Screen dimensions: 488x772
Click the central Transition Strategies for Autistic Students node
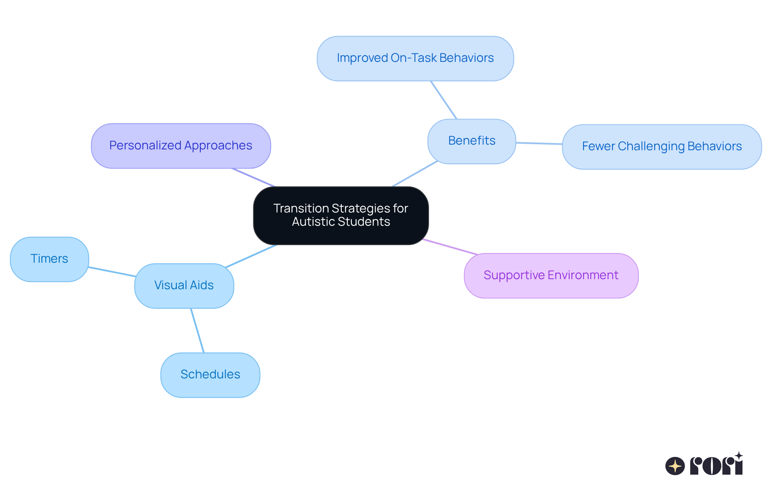(341, 215)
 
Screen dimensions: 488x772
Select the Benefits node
(471, 141)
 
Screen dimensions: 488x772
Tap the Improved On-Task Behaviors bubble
(415, 58)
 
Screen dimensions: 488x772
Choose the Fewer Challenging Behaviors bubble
(661, 147)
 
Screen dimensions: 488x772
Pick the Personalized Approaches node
(181, 145)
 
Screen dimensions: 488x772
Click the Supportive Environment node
(551, 276)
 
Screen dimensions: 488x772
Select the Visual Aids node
(184, 286)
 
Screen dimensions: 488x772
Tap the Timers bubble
(49, 259)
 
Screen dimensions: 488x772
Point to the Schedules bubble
(210, 375)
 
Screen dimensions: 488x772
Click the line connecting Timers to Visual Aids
(112, 272)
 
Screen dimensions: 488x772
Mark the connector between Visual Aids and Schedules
(197, 331)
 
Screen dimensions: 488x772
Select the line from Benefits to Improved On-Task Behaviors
(443, 100)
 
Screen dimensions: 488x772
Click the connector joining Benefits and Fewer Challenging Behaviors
(539, 143)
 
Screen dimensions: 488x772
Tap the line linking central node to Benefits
(415, 174)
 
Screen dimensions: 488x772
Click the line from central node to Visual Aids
(251, 256)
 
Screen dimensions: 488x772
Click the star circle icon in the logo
(675, 466)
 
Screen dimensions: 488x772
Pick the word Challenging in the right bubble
(651, 147)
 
